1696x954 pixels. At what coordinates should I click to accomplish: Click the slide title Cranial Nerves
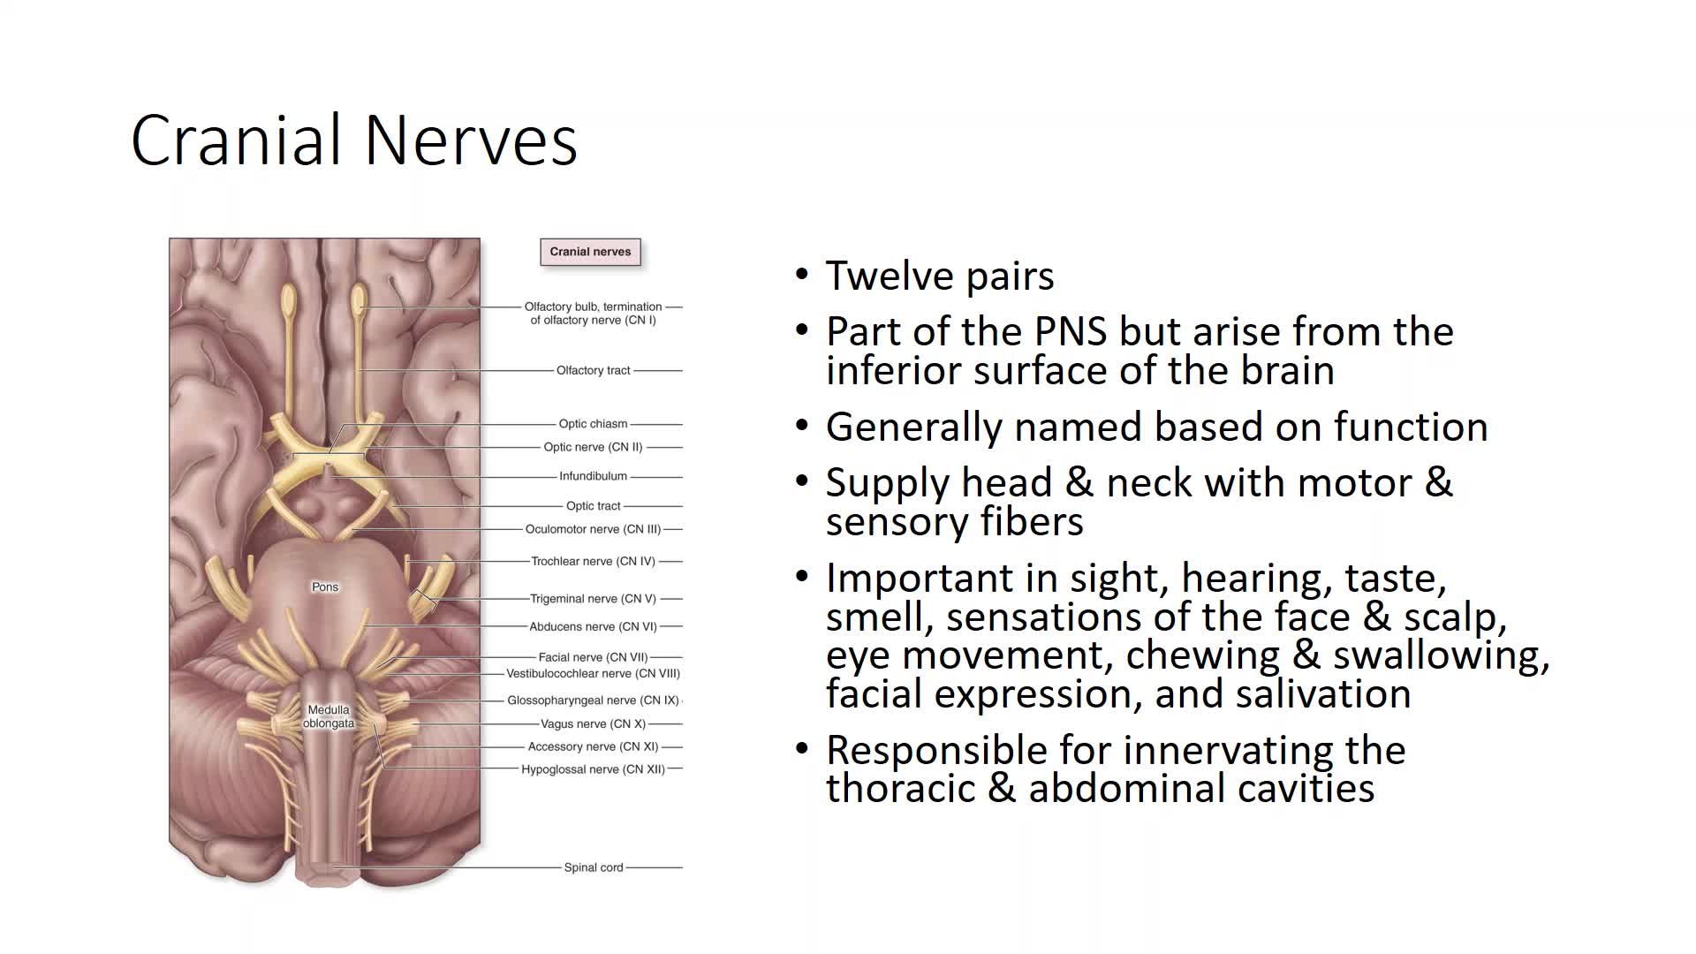[x=354, y=140]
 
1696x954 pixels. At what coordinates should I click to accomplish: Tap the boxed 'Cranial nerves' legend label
[x=590, y=252]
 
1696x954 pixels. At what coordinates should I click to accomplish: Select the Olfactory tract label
[x=594, y=370]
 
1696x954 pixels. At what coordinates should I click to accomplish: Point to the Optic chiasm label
[x=593, y=424]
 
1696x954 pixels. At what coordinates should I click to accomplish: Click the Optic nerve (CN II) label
[x=593, y=447]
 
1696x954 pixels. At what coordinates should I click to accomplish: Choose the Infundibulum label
[x=593, y=476]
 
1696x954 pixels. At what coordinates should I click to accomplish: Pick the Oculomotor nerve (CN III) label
[x=593, y=529]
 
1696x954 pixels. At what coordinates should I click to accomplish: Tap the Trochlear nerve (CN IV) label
[x=593, y=561]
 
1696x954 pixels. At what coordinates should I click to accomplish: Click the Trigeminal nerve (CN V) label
[x=593, y=599]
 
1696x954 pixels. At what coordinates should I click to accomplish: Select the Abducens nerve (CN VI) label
[x=593, y=627]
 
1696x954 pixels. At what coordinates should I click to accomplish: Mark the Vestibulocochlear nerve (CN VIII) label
[x=593, y=673]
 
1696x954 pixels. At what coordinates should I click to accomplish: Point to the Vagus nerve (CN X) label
[x=593, y=723]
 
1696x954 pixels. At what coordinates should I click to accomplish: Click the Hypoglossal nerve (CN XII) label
[x=593, y=769]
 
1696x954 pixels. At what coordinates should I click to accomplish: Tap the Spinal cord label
[x=594, y=867]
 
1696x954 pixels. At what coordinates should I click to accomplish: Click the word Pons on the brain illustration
[x=325, y=587]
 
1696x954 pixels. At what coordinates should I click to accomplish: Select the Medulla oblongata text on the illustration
[x=329, y=716]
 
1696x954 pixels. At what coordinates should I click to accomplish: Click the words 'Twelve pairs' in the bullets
[x=940, y=276]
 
